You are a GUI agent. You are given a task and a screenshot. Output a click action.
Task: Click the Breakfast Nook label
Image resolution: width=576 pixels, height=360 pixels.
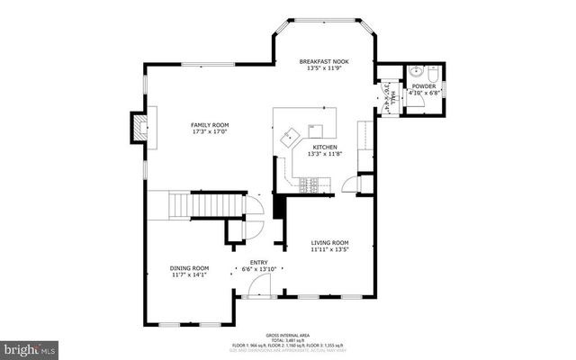pyautogui.click(x=324, y=61)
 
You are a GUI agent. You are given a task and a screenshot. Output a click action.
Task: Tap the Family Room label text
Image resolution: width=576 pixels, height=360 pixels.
pyautogui.click(x=209, y=124)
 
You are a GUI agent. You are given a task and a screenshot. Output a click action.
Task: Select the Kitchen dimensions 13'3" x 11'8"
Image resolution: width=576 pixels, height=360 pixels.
pyautogui.click(x=325, y=154)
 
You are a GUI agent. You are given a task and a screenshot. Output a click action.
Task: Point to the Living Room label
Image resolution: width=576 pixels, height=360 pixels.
pyautogui.click(x=330, y=242)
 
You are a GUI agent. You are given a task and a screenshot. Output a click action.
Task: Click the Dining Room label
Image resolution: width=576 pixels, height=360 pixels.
pyautogui.click(x=189, y=267)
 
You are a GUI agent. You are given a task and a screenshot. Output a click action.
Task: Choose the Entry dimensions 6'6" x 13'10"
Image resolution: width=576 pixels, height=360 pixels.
pyautogui.click(x=259, y=269)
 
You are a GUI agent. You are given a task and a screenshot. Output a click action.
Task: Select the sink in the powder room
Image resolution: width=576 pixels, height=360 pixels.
pyautogui.click(x=417, y=72)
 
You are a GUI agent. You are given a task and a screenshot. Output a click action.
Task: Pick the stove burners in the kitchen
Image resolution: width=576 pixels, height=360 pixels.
pyautogui.click(x=310, y=185)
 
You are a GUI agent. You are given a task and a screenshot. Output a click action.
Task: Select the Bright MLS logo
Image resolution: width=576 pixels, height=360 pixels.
pyautogui.click(x=29, y=346)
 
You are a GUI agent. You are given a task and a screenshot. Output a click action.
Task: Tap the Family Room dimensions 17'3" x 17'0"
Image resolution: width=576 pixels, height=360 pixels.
pyautogui.click(x=209, y=131)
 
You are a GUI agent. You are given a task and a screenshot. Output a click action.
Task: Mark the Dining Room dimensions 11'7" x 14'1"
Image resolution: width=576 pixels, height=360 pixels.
pyautogui.click(x=189, y=274)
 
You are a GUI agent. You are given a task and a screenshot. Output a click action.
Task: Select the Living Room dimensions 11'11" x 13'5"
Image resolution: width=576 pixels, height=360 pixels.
pyautogui.click(x=330, y=249)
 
